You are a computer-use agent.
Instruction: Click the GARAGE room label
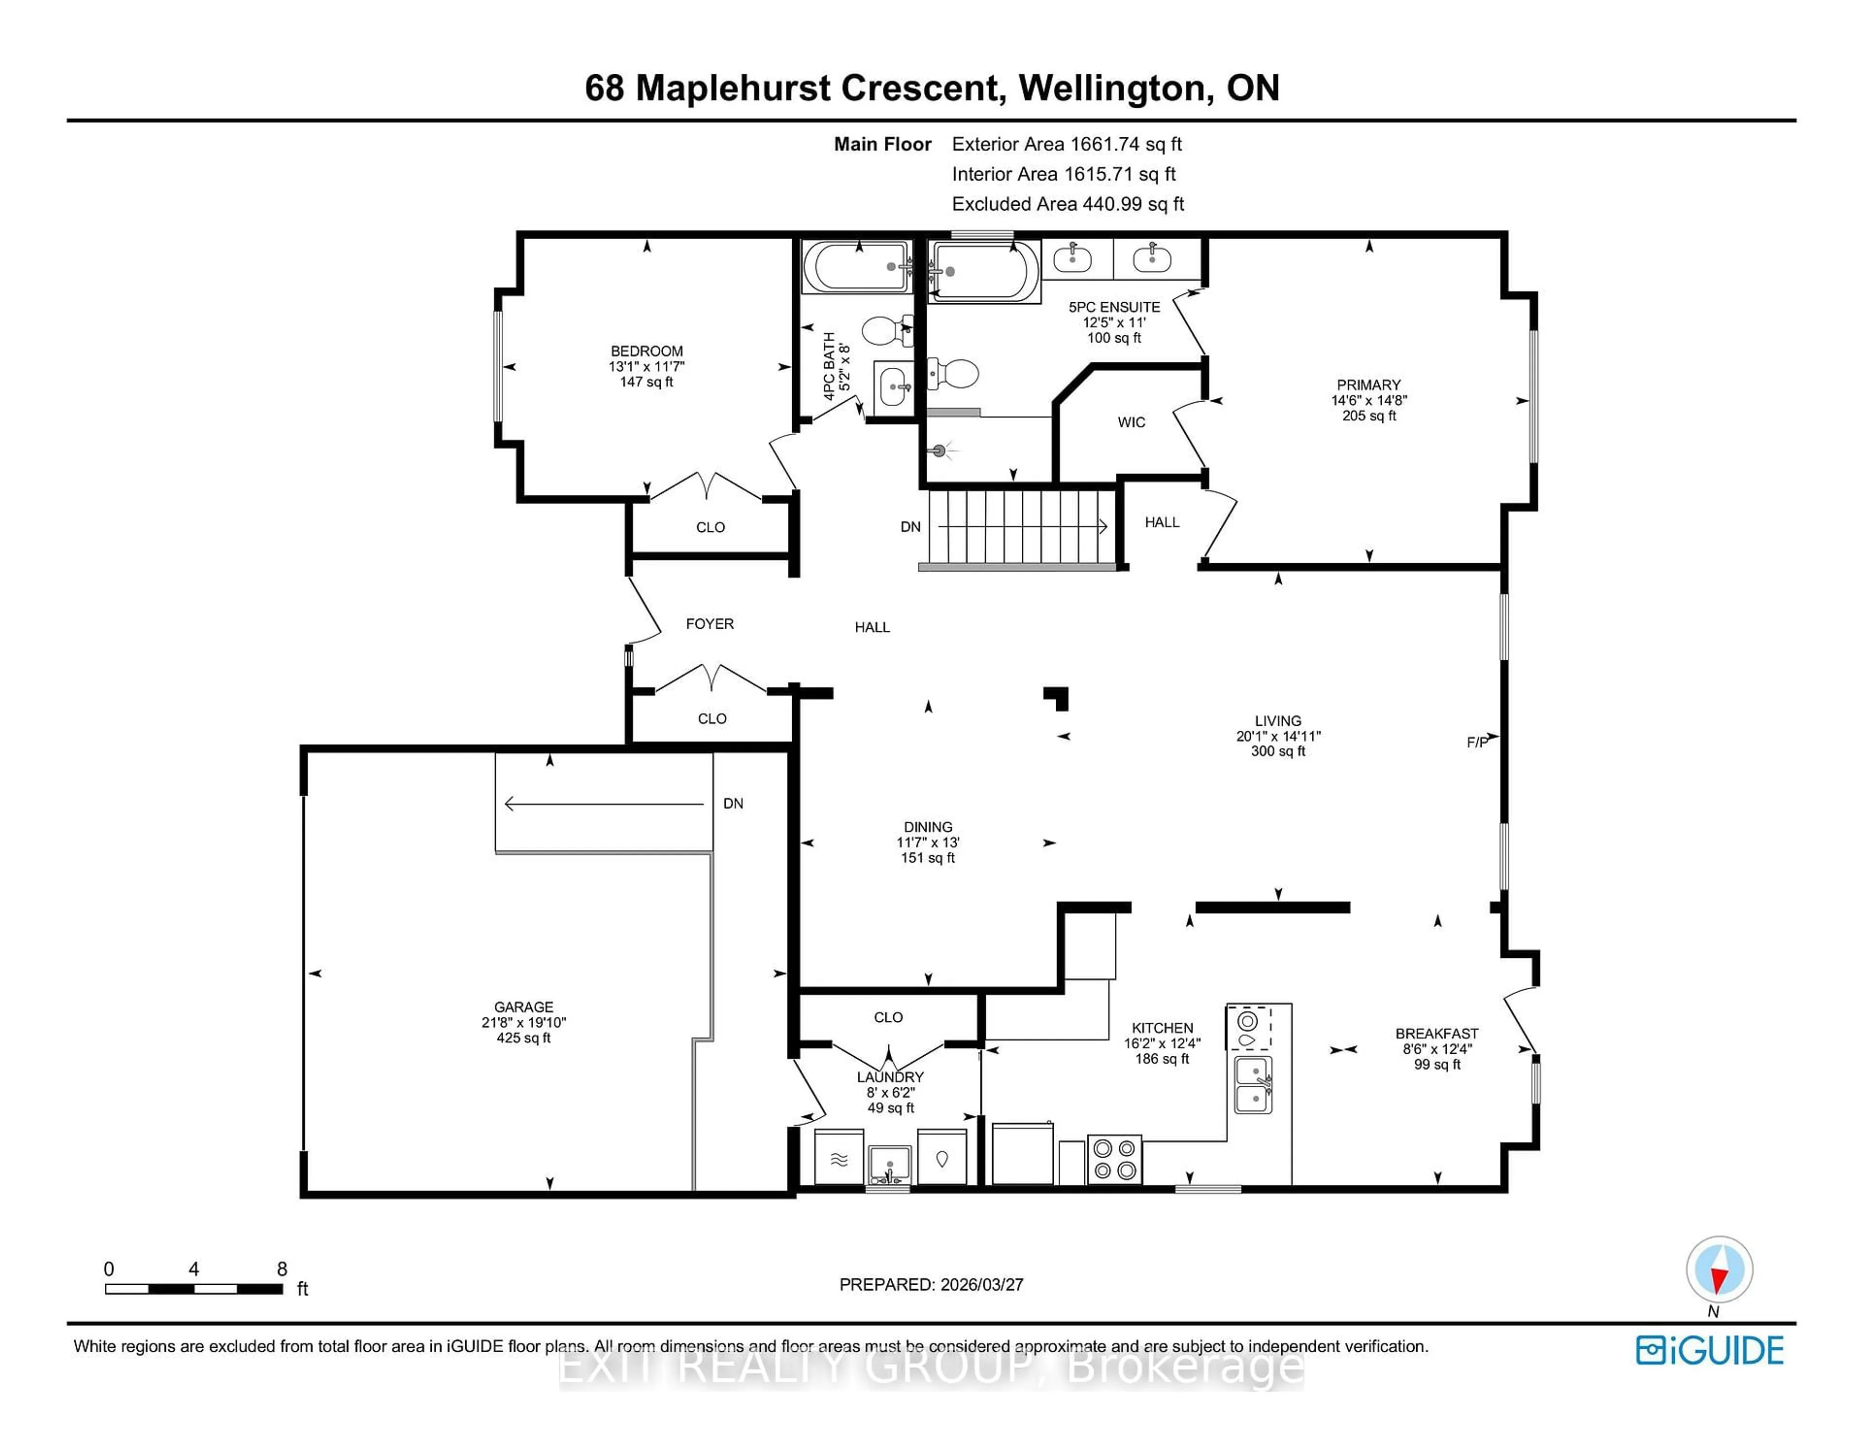point(523,1007)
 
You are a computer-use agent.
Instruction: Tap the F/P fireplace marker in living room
point(1477,742)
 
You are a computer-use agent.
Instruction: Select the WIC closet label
point(1131,422)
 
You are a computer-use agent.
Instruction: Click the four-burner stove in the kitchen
point(1114,1160)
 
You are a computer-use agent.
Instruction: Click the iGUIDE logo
point(1710,1350)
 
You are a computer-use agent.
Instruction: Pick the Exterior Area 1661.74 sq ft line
point(1066,144)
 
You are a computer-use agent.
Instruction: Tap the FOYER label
point(709,623)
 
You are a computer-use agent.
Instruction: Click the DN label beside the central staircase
point(910,526)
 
